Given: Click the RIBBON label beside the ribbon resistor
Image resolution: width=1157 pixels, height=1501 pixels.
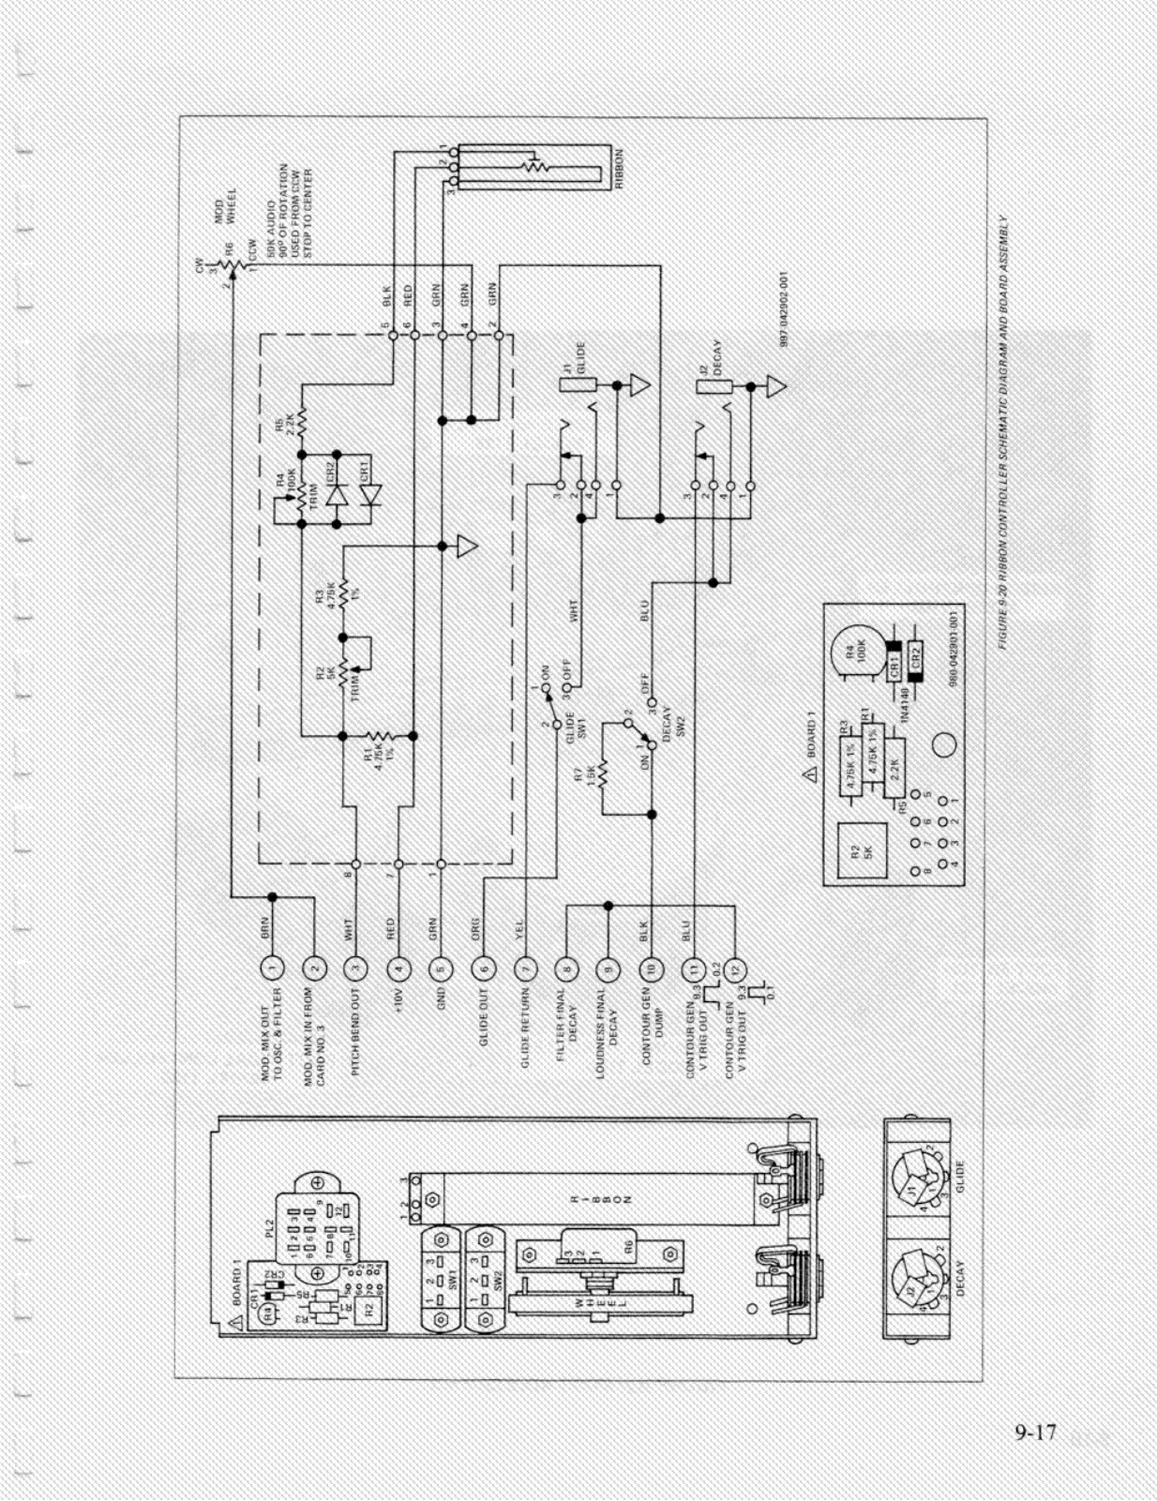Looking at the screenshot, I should [x=619, y=170].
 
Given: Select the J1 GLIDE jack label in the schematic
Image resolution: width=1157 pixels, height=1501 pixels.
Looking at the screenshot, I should [x=575, y=358].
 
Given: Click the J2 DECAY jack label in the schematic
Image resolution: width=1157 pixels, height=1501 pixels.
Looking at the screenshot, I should [x=710, y=358].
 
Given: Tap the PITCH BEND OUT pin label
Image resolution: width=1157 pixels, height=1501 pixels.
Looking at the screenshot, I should [x=355, y=1032].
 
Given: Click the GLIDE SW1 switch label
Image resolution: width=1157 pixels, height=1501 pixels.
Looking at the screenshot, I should [x=574, y=726].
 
